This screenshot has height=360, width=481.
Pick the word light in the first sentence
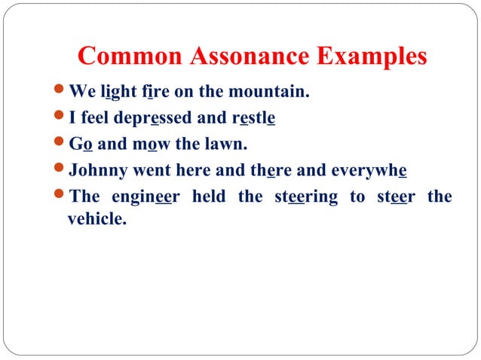click(x=118, y=93)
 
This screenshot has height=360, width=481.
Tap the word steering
click(x=306, y=197)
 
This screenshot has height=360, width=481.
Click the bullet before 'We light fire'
click(x=60, y=93)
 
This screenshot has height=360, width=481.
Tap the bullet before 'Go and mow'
click(x=60, y=144)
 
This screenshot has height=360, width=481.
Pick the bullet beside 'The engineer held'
click(x=60, y=197)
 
